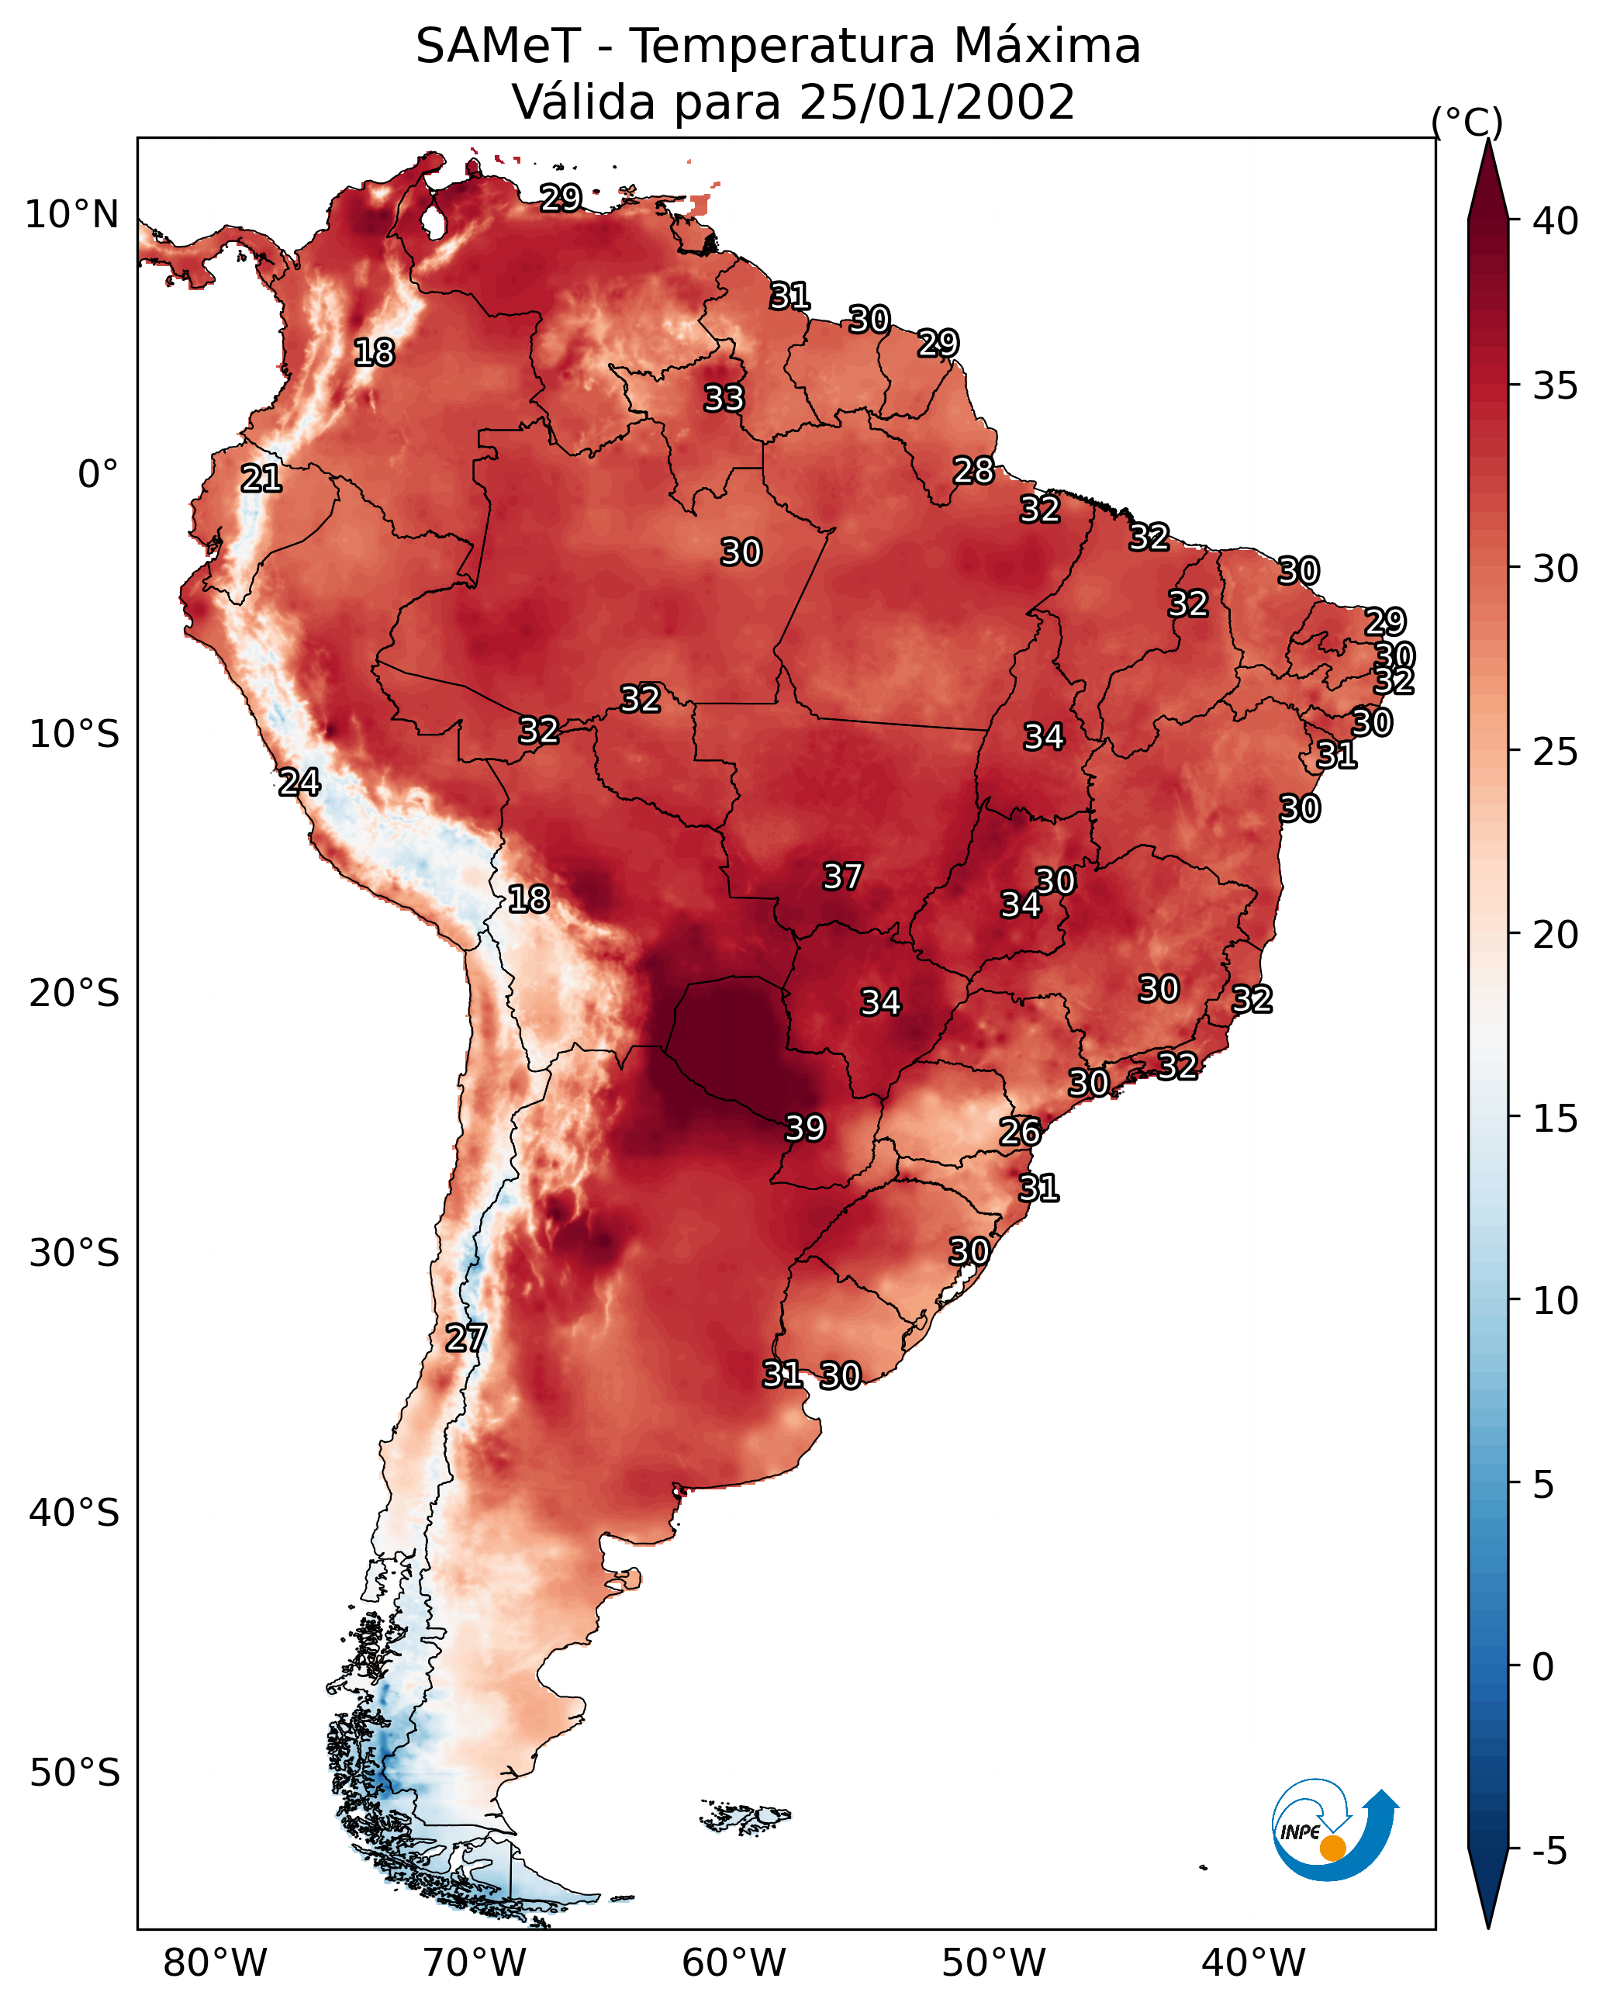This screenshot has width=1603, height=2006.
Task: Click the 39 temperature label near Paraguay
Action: [x=806, y=1129]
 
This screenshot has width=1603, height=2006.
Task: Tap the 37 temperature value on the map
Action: [x=843, y=877]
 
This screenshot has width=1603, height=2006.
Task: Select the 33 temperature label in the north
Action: [x=724, y=398]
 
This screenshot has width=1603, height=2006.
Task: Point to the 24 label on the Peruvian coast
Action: [x=299, y=783]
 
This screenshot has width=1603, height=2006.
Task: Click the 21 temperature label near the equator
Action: [x=261, y=479]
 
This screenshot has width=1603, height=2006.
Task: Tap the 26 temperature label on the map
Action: [x=1021, y=1133]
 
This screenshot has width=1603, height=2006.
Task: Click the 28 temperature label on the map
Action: [x=974, y=471]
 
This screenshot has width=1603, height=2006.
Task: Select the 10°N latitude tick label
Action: [x=71, y=215]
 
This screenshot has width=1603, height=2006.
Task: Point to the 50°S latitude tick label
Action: [x=74, y=1773]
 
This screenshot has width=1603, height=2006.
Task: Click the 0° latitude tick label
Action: [x=98, y=475]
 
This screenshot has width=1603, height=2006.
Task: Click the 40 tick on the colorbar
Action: [x=1556, y=221]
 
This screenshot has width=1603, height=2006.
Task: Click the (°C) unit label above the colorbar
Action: [x=1467, y=123]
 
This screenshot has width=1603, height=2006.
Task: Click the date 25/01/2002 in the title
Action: [x=937, y=102]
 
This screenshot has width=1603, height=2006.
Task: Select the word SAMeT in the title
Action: [x=499, y=47]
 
